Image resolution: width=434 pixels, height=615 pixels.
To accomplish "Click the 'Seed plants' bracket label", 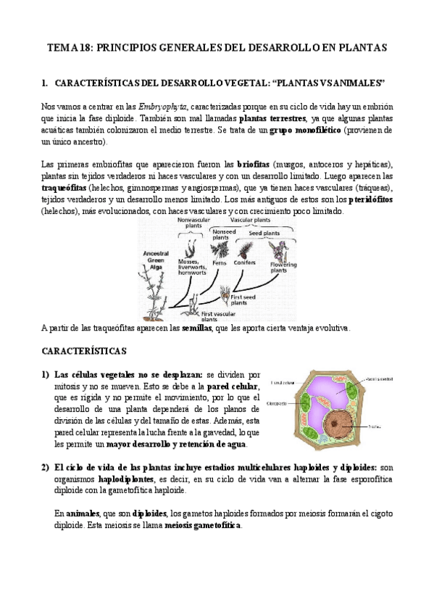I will [x=266, y=233].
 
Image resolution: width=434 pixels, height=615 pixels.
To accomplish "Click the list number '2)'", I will [x=46, y=468].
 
